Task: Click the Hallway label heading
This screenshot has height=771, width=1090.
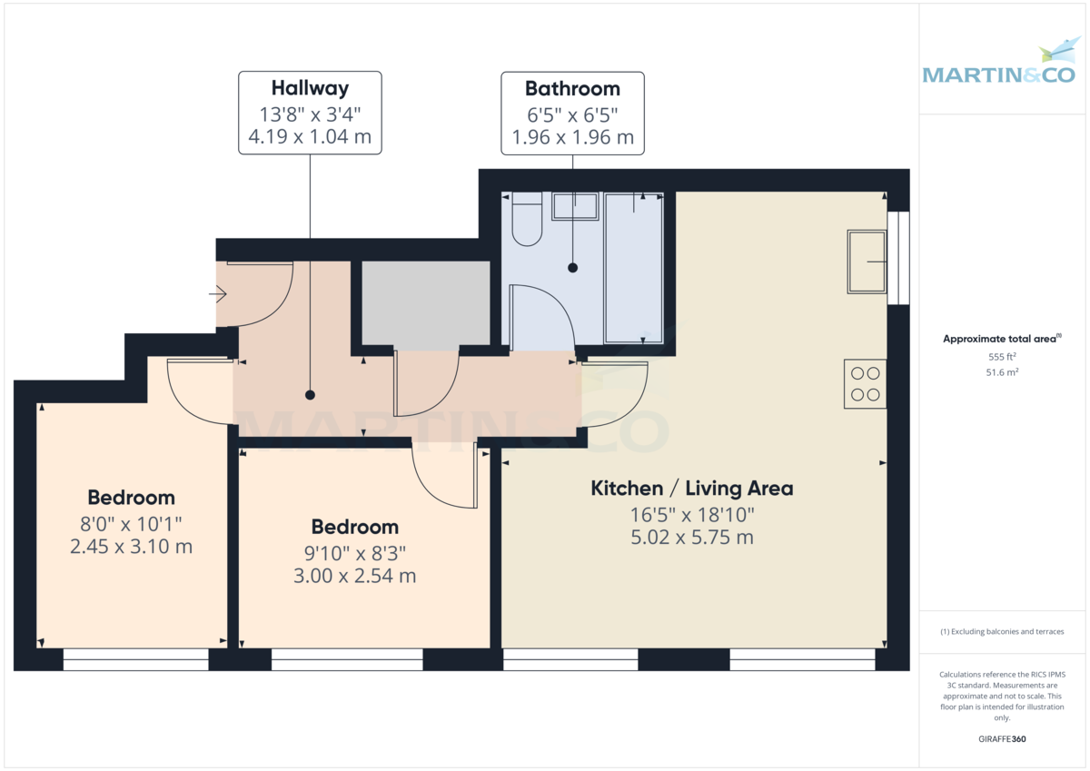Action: coord(310,88)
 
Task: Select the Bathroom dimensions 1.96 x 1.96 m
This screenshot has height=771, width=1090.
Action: coord(572,138)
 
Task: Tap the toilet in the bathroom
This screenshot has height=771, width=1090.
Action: coord(527,222)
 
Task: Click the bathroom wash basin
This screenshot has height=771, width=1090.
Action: coord(575,207)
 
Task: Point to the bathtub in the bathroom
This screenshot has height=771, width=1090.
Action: coord(633,268)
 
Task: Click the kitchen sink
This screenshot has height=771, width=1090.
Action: coord(867,262)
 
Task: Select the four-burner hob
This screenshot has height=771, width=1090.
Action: coord(865,383)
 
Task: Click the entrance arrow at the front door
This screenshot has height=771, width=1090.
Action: coord(218,294)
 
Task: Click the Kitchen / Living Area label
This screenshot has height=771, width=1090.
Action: coord(691,489)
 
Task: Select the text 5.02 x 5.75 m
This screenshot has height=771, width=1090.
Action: coord(691,537)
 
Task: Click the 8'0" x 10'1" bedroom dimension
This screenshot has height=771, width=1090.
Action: coord(131,523)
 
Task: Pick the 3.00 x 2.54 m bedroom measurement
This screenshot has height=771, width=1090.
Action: coord(354,576)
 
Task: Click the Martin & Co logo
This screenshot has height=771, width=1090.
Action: coord(998,64)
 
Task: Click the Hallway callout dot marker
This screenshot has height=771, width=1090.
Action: coord(310,395)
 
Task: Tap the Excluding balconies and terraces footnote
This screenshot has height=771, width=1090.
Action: coord(1001,631)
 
